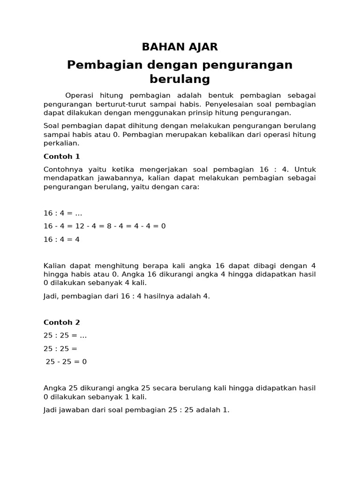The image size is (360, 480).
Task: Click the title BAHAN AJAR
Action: (x=180, y=47)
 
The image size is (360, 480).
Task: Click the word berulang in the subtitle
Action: (x=180, y=79)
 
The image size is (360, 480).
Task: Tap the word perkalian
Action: (x=61, y=143)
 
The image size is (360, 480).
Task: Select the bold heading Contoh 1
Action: (x=62, y=156)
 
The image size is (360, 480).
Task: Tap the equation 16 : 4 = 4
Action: (x=62, y=239)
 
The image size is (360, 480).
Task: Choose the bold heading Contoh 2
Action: (x=62, y=322)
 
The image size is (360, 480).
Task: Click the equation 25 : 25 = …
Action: (x=65, y=336)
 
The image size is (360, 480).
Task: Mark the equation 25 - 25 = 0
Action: (x=66, y=362)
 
